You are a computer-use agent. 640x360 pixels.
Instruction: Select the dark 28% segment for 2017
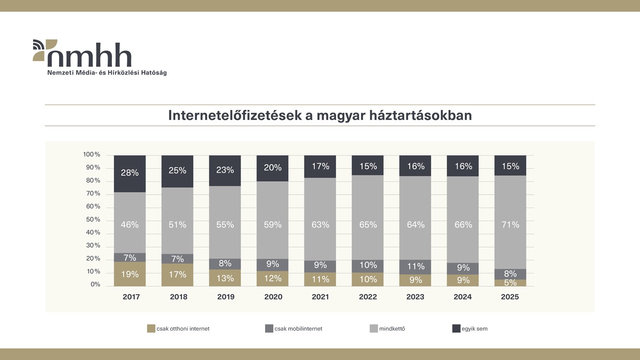pyautogui.click(x=130, y=173)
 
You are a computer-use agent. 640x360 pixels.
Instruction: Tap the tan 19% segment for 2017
pyautogui.click(x=130, y=274)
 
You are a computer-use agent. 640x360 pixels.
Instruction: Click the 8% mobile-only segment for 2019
pyautogui.click(x=225, y=264)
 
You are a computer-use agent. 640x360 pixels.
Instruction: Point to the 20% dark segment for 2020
pyautogui.click(x=272, y=168)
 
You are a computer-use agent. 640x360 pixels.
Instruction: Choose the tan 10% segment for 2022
pyautogui.click(x=367, y=279)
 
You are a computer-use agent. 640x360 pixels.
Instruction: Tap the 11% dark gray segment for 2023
pyautogui.click(x=415, y=267)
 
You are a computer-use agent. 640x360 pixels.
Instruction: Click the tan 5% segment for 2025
pyautogui.click(x=510, y=283)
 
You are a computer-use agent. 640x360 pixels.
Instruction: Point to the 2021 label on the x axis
pyautogui.click(x=320, y=297)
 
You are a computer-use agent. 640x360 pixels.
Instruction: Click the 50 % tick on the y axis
pyautogui.click(x=93, y=220)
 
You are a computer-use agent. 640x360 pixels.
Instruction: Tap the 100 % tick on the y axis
pyautogui.click(x=92, y=155)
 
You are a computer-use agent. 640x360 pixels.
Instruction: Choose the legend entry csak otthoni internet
pyautogui.click(x=178, y=329)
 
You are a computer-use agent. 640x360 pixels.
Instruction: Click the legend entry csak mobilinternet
pyautogui.click(x=293, y=329)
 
